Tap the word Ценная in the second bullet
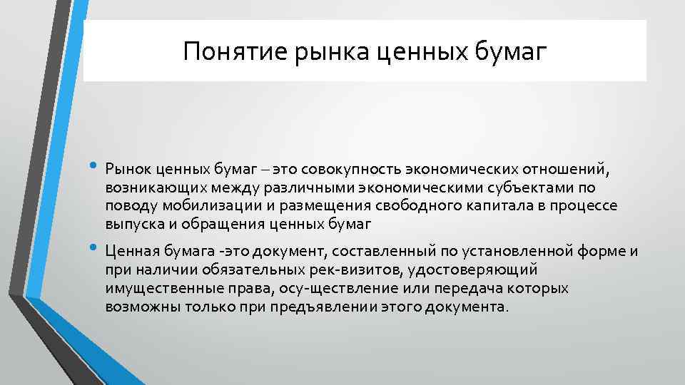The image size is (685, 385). coord(129,252)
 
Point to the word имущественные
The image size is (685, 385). coord(156,289)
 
